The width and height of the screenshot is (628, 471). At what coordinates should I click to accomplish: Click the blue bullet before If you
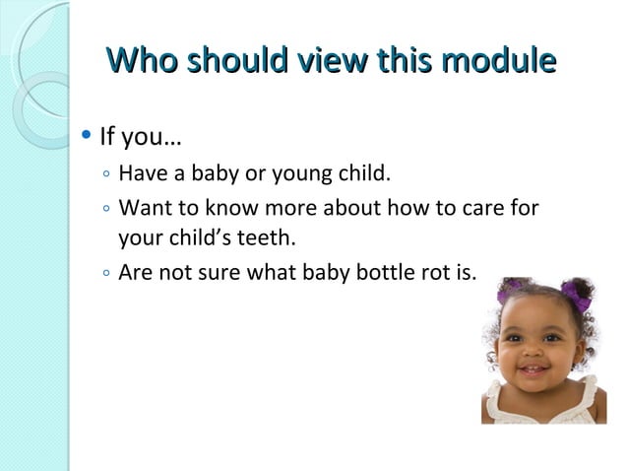point(89,133)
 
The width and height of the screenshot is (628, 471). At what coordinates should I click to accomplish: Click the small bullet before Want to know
point(104,210)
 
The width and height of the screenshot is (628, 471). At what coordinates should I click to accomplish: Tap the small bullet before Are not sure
point(104,267)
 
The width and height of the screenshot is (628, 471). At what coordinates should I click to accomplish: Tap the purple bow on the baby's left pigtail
point(512,293)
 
